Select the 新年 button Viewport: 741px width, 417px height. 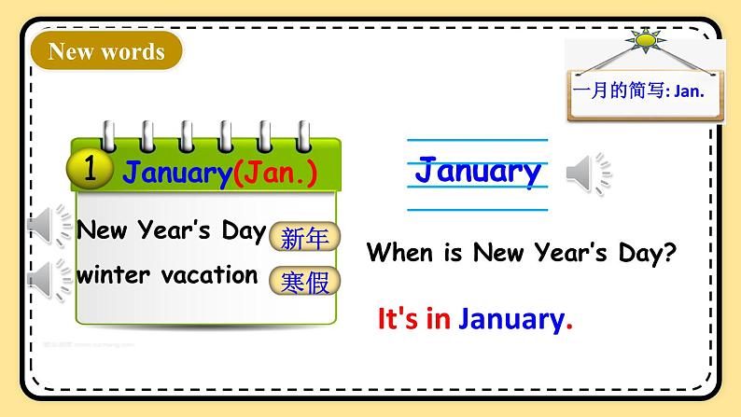coord(305,239)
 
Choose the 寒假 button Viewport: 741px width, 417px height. coord(305,280)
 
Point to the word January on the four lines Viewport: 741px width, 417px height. coord(477,172)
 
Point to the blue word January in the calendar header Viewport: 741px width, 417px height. coord(177,173)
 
